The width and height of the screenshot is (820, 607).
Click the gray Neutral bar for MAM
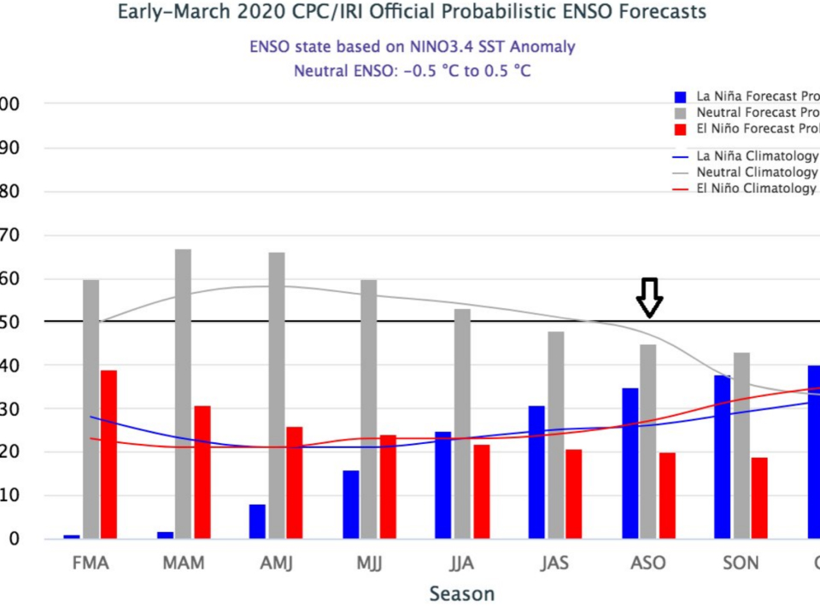183,394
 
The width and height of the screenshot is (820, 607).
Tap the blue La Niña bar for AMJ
257,522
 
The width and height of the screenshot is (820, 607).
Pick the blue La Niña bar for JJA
443,485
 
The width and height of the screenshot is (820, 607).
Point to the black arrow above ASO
650,296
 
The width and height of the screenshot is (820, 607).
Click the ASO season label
647,564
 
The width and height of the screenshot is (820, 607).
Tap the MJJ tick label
368,564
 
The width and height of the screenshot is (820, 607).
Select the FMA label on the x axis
91,564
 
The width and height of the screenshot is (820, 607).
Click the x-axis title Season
461,593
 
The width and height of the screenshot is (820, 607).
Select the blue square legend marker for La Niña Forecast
680,96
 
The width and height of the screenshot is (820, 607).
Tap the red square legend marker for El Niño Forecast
680,129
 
